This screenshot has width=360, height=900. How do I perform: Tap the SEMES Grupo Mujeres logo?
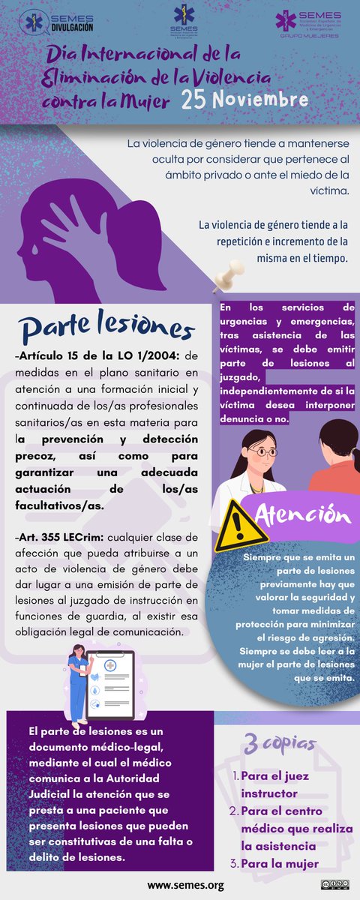(x=307, y=22)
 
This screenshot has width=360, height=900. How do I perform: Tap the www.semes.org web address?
(x=185, y=886)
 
